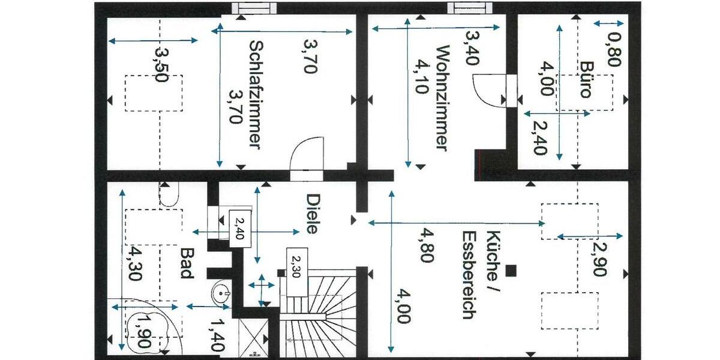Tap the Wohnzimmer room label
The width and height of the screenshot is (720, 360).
pos(442,98)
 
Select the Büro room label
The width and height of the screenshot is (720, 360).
pos(586,79)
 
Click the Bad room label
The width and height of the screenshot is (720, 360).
pos(185,265)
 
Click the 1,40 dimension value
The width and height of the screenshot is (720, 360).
pos(217,335)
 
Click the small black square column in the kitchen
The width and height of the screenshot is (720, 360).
pos(511,271)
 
